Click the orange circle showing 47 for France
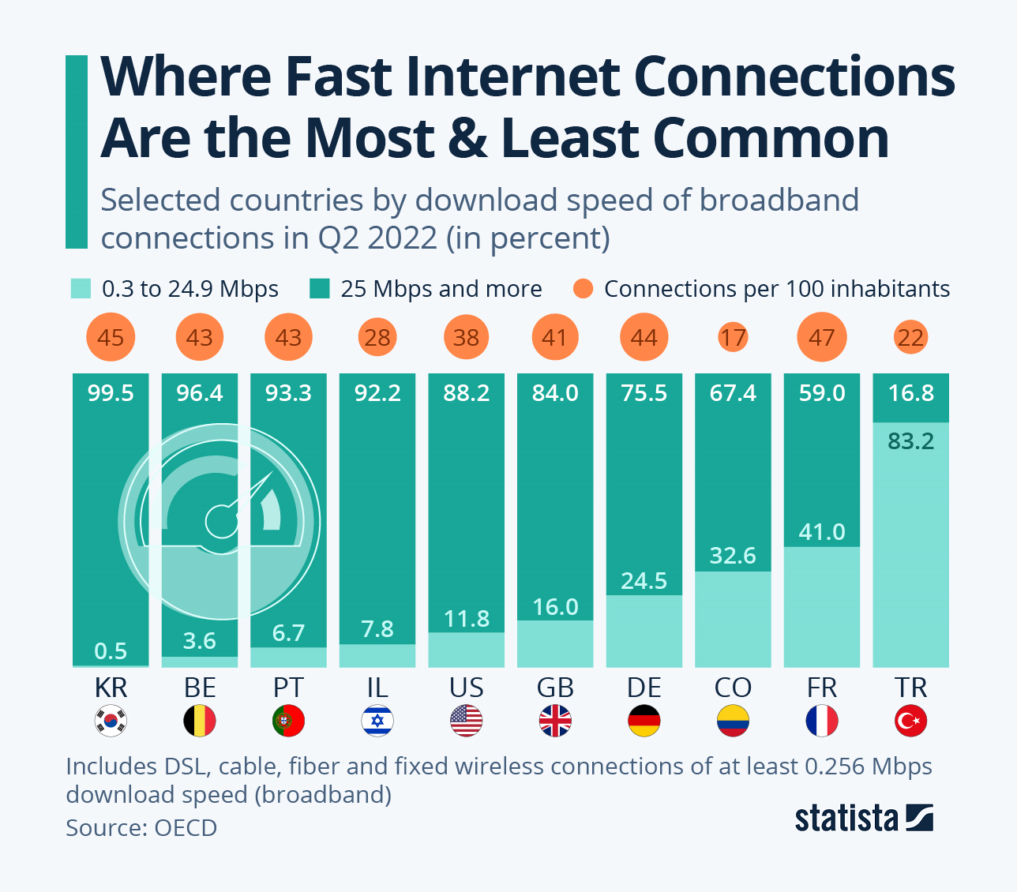click(x=822, y=338)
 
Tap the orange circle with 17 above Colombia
click(x=733, y=338)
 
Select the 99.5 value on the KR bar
click(x=111, y=393)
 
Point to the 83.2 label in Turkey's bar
click(x=910, y=441)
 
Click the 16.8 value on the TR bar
click(x=910, y=393)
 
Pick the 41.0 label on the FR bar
click(x=822, y=532)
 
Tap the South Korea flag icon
click(x=111, y=721)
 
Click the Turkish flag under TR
click(x=910, y=721)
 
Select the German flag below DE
click(x=644, y=721)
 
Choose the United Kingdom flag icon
click(x=555, y=721)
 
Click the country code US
click(x=466, y=688)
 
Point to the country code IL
click(x=377, y=688)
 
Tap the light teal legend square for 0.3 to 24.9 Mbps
click(x=81, y=289)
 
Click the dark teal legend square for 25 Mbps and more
click(x=319, y=289)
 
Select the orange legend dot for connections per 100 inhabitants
click(x=583, y=289)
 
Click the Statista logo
click(x=863, y=818)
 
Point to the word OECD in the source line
click(x=186, y=828)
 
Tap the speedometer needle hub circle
click(x=220, y=521)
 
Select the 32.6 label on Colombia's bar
click(x=733, y=556)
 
